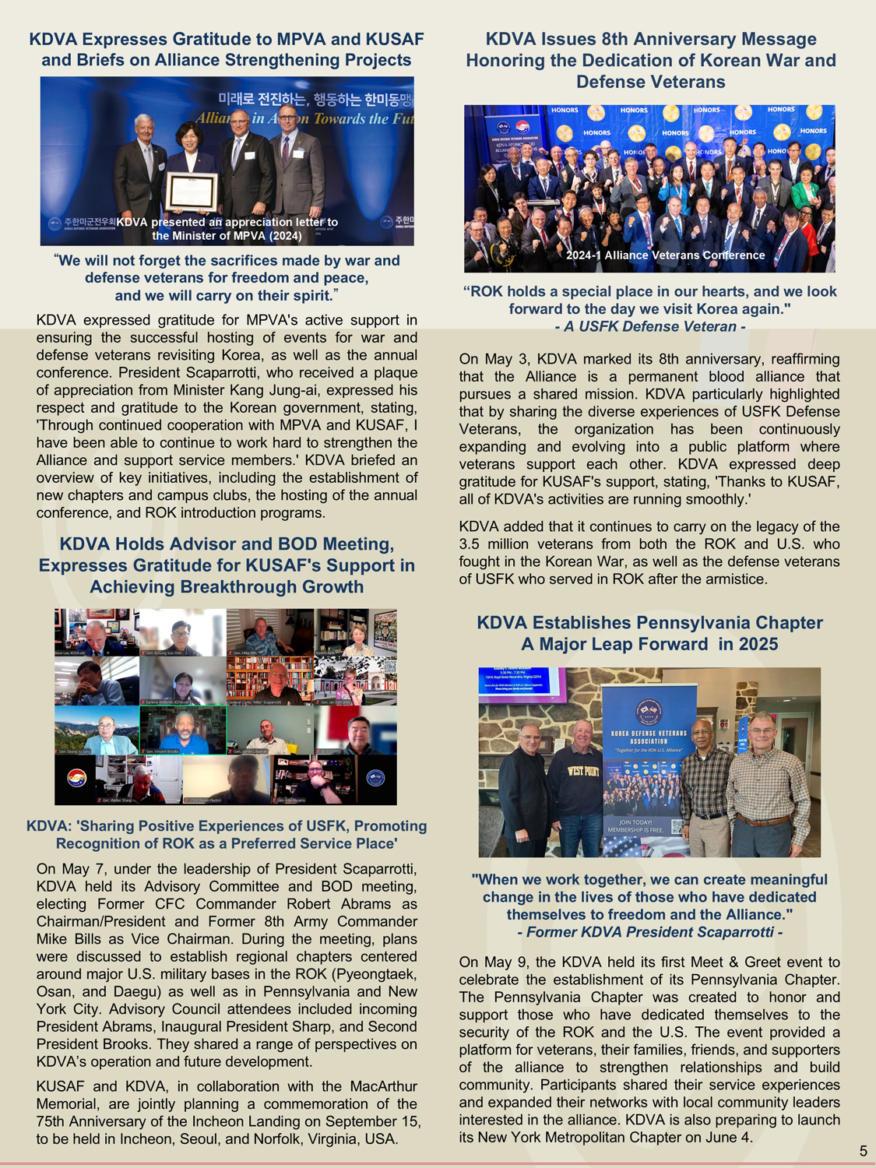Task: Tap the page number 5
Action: point(863,1151)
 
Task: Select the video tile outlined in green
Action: point(183,730)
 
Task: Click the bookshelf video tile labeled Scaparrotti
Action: point(269,681)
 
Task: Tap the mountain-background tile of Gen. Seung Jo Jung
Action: point(97,730)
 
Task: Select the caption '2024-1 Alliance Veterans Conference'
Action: point(665,255)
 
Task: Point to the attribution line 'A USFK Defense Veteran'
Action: point(650,327)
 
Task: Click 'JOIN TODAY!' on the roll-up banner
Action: point(636,822)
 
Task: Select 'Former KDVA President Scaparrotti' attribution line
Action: point(650,932)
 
